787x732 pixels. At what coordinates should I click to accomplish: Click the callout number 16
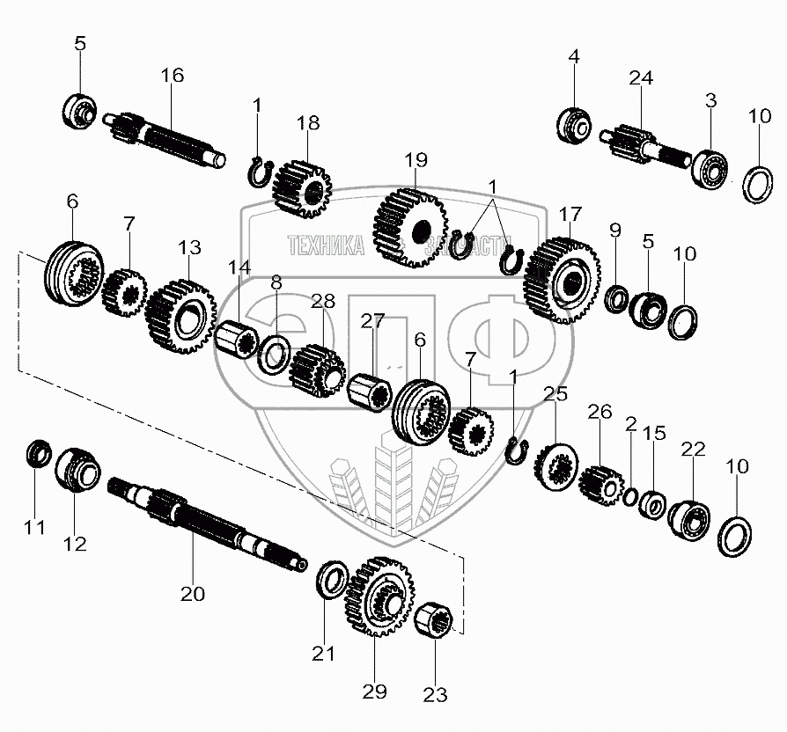point(173,75)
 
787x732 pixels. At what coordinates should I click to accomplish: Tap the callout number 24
point(641,78)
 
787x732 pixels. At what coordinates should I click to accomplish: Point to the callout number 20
point(193,593)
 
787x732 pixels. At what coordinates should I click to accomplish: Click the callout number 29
point(375,692)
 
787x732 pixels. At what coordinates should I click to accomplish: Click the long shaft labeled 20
point(207,524)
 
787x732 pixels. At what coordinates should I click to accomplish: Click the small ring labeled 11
point(37,454)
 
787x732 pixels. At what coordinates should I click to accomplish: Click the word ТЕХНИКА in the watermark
point(326,247)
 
